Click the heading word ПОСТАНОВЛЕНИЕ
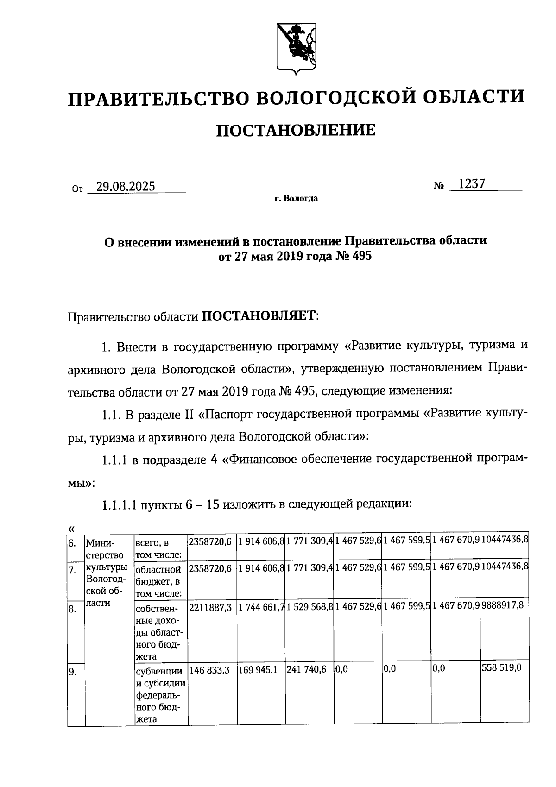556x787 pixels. pos(296,131)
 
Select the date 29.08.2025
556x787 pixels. pos(125,186)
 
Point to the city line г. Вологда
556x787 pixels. pos(296,199)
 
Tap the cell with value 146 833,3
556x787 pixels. pos(209,669)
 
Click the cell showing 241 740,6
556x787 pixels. pos(306,669)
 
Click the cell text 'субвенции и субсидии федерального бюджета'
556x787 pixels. pos(160,695)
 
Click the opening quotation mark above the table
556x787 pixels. pos(71,529)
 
